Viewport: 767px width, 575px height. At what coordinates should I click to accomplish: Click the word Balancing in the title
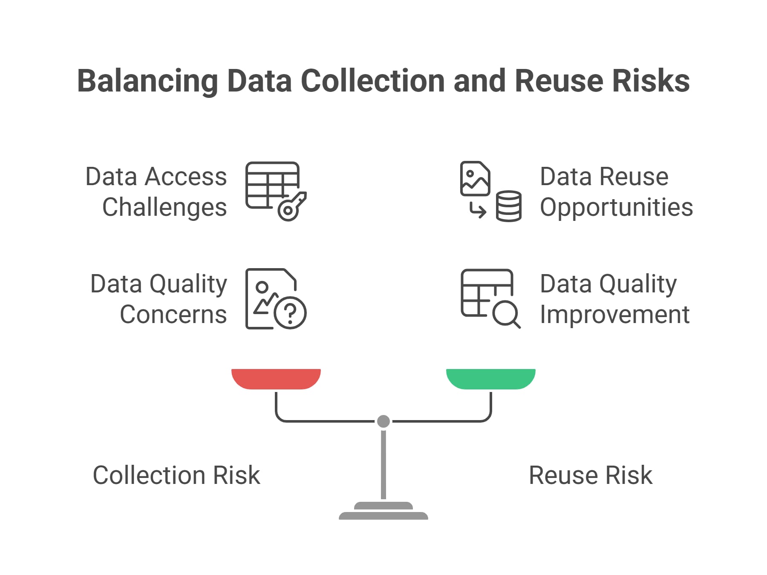pyautogui.click(x=147, y=81)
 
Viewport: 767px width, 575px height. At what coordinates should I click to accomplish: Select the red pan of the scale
pyautogui.click(x=276, y=378)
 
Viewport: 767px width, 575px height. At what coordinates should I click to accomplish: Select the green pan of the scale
pyautogui.click(x=490, y=378)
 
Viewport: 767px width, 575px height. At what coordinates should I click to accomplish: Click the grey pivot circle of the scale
pyautogui.click(x=383, y=421)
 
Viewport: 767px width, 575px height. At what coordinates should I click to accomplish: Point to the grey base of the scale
pyautogui.click(x=383, y=512)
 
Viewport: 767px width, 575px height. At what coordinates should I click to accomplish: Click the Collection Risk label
pyautogui.click(x=176, y=475)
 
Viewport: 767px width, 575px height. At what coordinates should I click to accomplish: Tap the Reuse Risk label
pyautogui.click(x=590, y=475)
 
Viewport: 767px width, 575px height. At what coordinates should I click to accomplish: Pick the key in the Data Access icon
pyautogui.click(x=292, y=207)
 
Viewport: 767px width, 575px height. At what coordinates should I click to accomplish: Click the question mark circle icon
pyautogui.click(x=290, y=313)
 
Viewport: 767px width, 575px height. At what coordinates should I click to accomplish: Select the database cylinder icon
pyautogui.click(x=508, y=206)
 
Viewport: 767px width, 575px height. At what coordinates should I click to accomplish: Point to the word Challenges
pyautogui.click(x=164, y=207)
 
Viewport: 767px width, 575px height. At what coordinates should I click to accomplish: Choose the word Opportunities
pyautogui.click(x=616, y=207)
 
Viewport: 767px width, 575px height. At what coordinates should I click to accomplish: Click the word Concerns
pyautogui.click(x=173, y=315)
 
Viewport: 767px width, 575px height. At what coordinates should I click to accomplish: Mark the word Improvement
pyautogui.click(x=614, y=315)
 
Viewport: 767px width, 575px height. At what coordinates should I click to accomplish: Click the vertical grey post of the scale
pyautogui.click(x=383, y=464)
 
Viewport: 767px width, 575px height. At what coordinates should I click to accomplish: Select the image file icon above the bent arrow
pyautogui.click(x=475, y=178)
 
